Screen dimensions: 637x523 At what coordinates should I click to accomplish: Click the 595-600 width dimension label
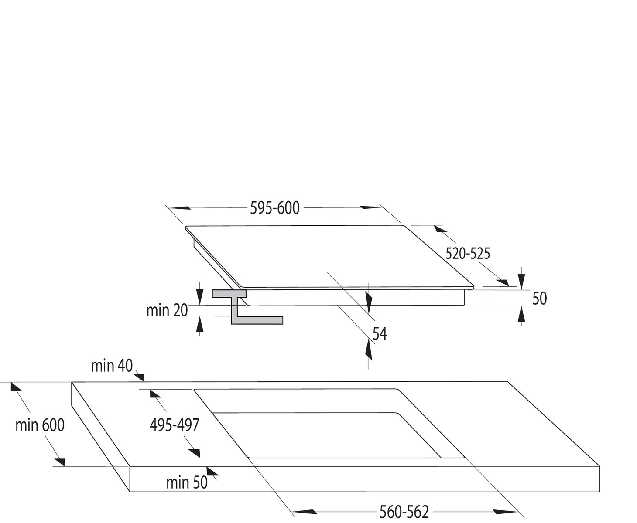pos(274,208)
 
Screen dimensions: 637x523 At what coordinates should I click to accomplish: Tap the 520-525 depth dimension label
pos(468,254)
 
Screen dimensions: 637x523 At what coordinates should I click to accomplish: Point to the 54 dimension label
pos(380,334)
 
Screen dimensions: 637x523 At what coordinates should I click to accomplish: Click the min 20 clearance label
pos(167,310)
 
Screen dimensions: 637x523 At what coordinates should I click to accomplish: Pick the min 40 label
pos(112,366)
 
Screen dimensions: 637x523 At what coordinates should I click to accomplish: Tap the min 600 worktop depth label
pos(40,425)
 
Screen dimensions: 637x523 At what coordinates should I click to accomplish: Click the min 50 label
pos(187,482)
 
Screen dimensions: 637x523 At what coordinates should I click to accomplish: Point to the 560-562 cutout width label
pos(404,512)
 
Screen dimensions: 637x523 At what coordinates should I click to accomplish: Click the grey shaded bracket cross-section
pos(247,307)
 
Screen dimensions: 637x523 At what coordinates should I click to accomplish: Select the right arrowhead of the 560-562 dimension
pos(506,512)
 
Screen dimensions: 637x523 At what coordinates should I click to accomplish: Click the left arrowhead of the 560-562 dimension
pos(305,512)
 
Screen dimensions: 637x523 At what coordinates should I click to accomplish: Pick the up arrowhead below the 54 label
pos(369,350)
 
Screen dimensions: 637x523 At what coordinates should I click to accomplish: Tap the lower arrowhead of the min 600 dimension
pos(60,462)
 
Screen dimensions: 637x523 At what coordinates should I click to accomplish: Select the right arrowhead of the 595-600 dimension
pos(371,207)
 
